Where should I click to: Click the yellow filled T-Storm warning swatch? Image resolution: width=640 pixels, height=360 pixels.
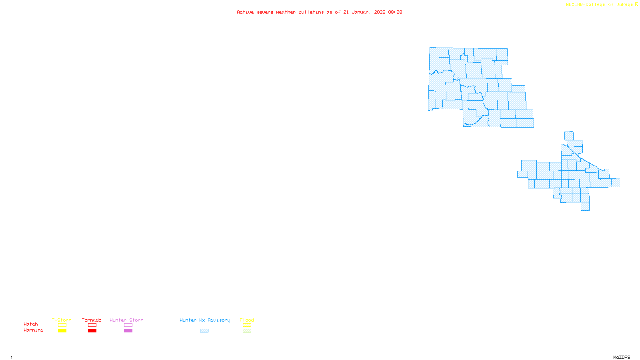pos(62,331)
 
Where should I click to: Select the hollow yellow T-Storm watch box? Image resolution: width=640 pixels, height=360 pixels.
pos(62,325)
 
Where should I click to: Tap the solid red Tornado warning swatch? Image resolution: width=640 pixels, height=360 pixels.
pos(92,331)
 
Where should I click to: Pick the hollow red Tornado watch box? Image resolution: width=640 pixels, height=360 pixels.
pos(92,325)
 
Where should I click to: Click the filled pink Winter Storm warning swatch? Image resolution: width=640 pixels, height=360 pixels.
pos(128,331)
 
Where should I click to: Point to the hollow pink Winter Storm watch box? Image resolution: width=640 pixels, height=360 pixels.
pos(128,325)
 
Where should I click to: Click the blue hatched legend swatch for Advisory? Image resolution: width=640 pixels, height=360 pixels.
pos(204,331)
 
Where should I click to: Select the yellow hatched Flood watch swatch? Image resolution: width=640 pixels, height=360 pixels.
pos(247,325)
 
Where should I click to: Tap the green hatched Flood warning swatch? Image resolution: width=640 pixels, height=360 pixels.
pos(247,331)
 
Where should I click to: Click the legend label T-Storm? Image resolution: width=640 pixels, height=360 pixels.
pos(62,320)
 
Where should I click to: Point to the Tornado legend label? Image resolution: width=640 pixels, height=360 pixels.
pos(92,320)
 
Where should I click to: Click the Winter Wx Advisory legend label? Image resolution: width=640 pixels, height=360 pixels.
pos(205,320)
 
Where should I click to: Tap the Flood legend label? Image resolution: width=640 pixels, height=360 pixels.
pos(247,320)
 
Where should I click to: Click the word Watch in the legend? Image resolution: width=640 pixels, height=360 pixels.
pos(31,324)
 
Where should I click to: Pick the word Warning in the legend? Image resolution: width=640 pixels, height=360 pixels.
pos(33,330)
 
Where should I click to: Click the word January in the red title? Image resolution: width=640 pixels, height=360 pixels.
pos(362,12)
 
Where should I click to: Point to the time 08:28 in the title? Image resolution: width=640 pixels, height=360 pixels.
pos(395,12)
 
